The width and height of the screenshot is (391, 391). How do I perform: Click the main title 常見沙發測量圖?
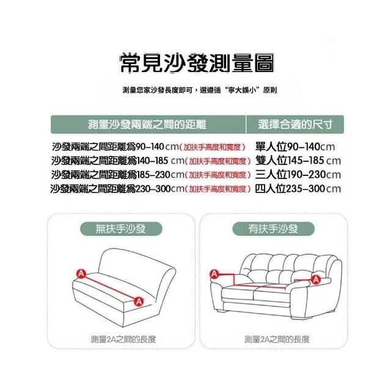pyautogui.click(x=197, y=63)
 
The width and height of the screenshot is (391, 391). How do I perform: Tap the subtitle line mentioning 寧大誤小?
pyautogui.click(x=200, y=90)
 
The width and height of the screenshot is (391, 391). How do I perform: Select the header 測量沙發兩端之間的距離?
pyautogui.click(x=147, y=125)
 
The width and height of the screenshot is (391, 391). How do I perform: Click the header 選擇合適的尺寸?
pyautogui.click(x=295, y=125)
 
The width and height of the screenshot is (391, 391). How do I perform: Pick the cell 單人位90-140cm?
pyautogui.click(x=295, y=147)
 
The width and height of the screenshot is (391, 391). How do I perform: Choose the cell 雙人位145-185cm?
pyautogui.click(x=298, y=161)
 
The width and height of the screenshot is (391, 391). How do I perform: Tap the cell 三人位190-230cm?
pyautogui.click(x=298, y=175)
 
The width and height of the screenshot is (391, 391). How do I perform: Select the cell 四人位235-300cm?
pyautogui.click(x=298, y=189)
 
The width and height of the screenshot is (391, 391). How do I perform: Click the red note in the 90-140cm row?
pyautogui.click(x=213, y=147)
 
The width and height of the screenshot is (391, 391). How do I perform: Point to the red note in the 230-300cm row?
pyautogui.click(x=218, y=189)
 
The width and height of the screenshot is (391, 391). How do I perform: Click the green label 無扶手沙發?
pyautogui.click(x=121, y=228)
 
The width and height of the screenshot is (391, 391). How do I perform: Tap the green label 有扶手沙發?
pyautogui.click(x=273, y=228)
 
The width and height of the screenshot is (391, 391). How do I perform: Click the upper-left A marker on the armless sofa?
pyautogui.click(x=81, y=274)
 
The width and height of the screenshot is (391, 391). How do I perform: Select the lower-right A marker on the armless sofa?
pyautogui.click(x=139, y=301)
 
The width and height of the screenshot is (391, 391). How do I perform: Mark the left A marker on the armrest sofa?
pyautogui.click(x=214, y=274)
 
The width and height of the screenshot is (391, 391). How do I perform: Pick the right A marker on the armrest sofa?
pyautogui.click(x=316, y=279)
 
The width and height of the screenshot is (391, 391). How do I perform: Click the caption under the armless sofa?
pyautogui.click(x=123, y=339)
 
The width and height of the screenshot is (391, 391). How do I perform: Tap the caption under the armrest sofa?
pyautogui.click(x=277, y=339)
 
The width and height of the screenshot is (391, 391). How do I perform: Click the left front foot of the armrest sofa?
pyautogui.click(x=222, y=311)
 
